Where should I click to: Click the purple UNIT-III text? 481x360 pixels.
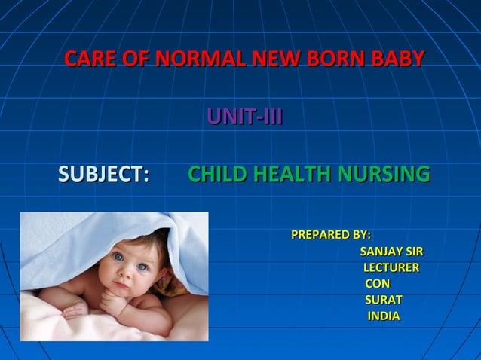pos(245,117)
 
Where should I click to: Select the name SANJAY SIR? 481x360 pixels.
pos(391,252)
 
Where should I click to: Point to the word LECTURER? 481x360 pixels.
pos(391,268)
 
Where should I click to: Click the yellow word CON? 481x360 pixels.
pos(378,284)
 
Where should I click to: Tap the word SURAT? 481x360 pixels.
pos(384,300)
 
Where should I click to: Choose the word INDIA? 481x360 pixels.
pos(384,316)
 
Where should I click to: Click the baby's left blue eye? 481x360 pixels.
pos(118,258)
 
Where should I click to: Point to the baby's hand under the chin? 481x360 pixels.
pos(113,301)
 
